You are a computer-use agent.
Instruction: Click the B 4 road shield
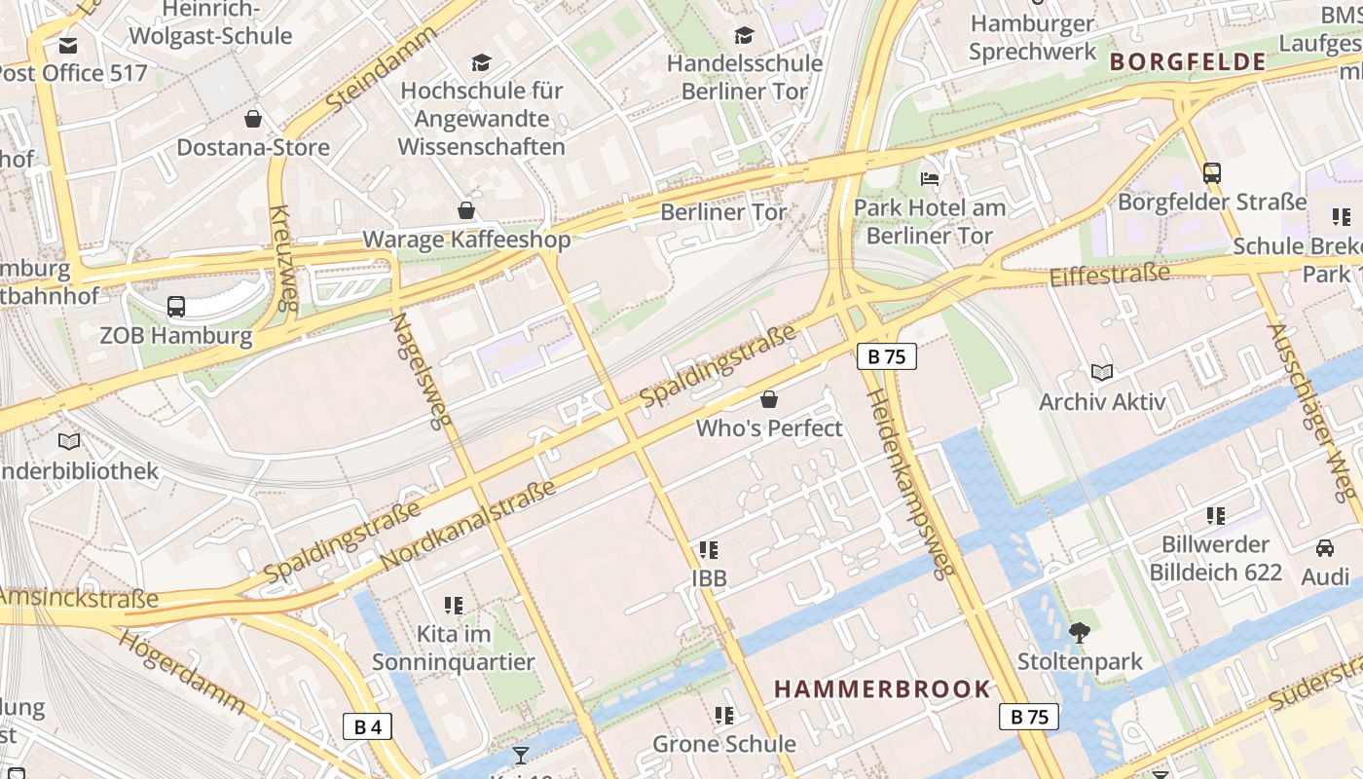367,726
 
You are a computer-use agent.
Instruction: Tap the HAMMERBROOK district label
882,689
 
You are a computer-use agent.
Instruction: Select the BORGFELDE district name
1187,62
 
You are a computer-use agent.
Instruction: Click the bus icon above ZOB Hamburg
176,307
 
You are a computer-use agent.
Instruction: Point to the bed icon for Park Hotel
930,179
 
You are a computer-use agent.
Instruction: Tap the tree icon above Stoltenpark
1079,633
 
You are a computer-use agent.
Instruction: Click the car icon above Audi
1325,547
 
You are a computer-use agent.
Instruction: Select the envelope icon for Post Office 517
68,45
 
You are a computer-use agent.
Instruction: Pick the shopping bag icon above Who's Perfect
769,399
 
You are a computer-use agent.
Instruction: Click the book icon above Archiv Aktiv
1102,372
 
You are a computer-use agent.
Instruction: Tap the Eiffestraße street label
1109,274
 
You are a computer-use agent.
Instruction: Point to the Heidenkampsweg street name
911,484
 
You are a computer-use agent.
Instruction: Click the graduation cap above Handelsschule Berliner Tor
745,35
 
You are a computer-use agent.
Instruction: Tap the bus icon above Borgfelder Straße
1212,173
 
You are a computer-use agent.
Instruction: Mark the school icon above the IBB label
709,549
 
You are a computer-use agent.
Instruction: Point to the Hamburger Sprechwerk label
1032,37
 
